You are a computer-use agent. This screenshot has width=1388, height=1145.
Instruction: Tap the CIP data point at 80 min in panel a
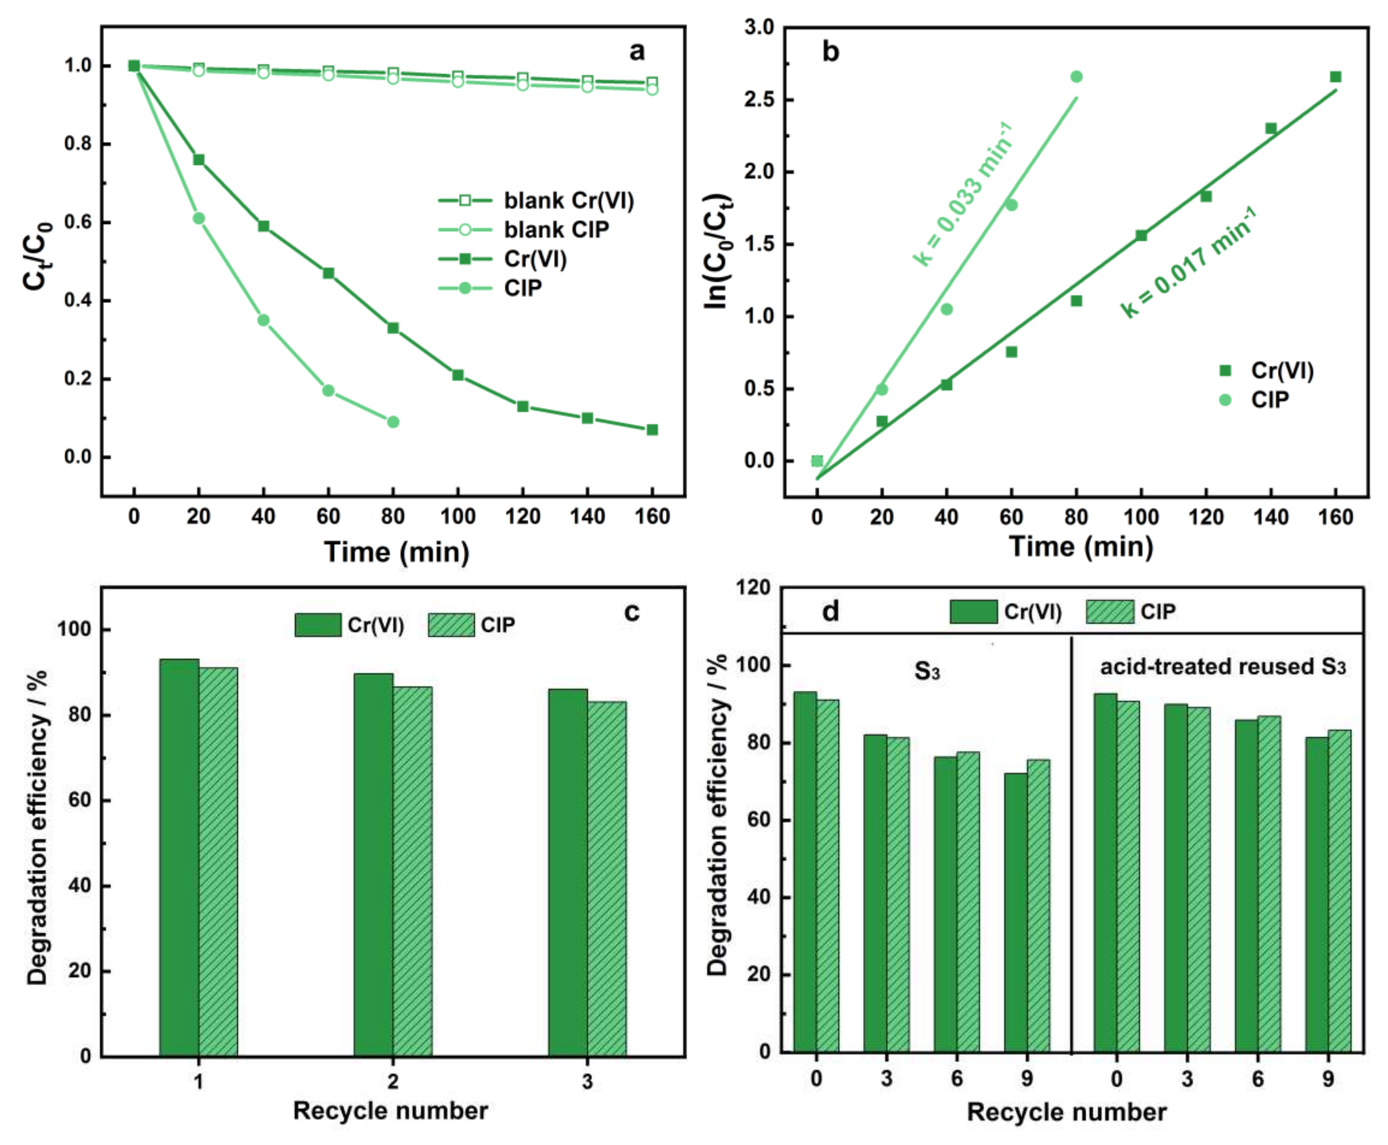pos(393,421)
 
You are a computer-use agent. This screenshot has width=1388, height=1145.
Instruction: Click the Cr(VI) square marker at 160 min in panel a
pos(652,430)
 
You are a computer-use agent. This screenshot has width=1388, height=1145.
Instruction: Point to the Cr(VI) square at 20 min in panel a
pos(198,160)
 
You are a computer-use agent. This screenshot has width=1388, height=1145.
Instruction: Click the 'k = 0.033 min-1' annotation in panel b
pos(963,195)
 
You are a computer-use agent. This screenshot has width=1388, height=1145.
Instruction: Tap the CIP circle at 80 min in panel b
pos(1076,77)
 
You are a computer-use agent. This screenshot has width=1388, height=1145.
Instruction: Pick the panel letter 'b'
pos(830,51)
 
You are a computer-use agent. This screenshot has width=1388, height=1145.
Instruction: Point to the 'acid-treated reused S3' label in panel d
pos(1222,667)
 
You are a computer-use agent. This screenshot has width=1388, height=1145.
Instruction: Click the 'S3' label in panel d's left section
pos(926,671)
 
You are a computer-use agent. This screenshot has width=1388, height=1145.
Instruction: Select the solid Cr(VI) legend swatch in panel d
pos(973,612)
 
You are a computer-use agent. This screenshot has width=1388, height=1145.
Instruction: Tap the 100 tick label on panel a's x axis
pos(458,517)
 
